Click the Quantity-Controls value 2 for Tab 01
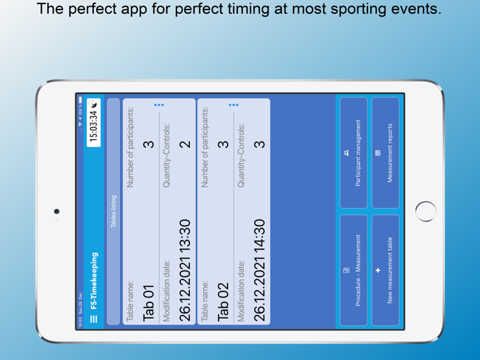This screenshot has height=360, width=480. (184, 144)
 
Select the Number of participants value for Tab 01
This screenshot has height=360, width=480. (148, 144)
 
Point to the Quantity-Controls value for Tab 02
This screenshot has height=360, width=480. (259, 144)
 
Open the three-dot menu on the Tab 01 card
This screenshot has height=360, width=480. (159, 105)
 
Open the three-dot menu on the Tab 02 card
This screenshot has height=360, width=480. (233, 105)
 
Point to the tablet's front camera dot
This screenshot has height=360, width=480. (57, 211)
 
